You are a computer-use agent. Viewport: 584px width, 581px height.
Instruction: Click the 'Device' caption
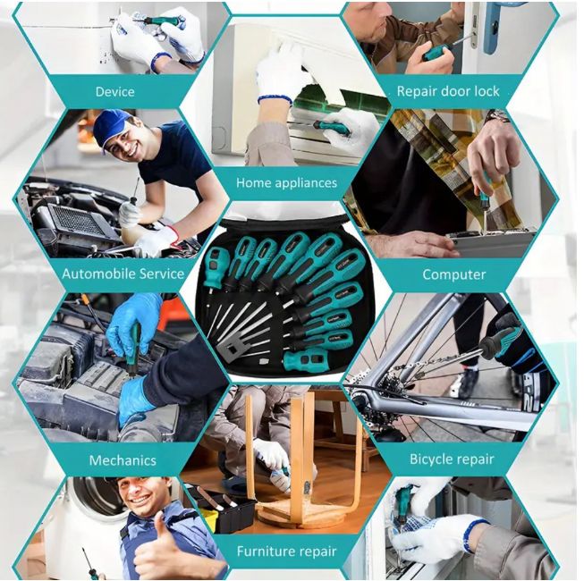[114, 91]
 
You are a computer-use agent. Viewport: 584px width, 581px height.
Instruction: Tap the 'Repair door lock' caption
[448, 91]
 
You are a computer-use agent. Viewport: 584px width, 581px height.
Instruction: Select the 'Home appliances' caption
[286, 182]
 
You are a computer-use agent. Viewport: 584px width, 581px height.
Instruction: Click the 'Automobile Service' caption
[123, 274]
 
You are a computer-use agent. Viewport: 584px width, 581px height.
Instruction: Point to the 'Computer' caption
[453, 274]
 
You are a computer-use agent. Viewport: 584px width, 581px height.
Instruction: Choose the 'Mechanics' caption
[123, 461]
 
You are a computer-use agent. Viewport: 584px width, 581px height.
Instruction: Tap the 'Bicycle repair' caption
[452, 459]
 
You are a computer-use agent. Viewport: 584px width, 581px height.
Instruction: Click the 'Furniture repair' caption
[286, 552]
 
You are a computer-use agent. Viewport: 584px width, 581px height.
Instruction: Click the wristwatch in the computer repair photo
[497, 116]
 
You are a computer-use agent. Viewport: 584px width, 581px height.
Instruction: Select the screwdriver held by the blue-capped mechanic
[135, 195]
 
